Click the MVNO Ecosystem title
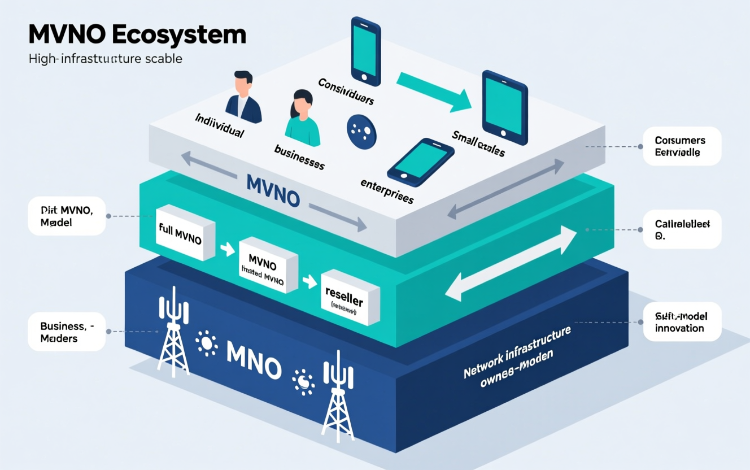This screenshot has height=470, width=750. [137, 35]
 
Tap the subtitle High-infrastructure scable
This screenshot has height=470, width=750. [106, 58]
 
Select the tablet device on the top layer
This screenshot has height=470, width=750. [504, 108]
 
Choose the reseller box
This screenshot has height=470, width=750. [350, 297]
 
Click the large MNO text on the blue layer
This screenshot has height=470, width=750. [254, 360]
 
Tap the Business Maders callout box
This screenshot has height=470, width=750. [67, 332]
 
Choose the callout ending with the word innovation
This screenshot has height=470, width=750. [682, 322]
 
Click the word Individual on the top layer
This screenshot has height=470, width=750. [219, 125]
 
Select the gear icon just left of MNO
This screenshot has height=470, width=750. [206, 343]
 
